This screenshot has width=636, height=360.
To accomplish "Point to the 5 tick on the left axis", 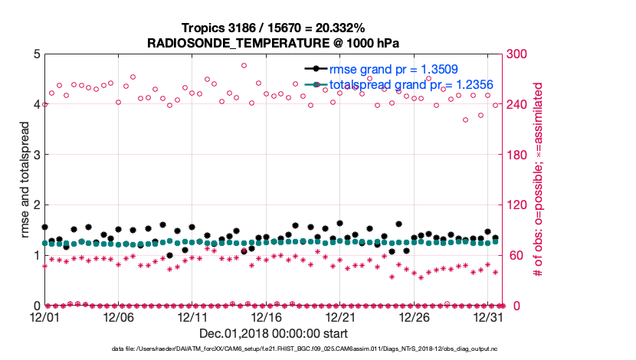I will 36,54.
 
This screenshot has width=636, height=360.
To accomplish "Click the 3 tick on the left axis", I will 36,155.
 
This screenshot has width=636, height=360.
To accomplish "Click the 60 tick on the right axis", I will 513,255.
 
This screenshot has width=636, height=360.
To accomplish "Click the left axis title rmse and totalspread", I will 24,179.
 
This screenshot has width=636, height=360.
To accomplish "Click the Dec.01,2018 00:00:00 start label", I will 274,333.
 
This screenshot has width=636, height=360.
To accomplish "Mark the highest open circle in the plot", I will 244,66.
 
